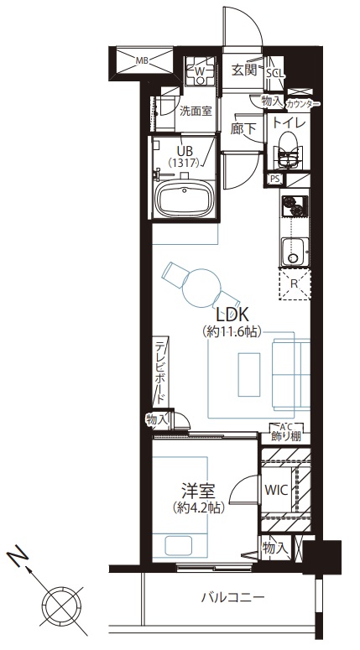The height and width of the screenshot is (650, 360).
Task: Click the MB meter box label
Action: click(x=143, y=61)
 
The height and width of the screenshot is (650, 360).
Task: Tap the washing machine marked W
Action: click(x=200, y=70)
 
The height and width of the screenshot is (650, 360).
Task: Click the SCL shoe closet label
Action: click(x=274, y=73)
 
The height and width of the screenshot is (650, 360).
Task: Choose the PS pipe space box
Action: click(x=274, y=179)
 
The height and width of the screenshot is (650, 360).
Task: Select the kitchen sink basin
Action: click(x=295, y=252)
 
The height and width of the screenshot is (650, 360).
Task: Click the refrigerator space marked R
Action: click(x=294, y=284)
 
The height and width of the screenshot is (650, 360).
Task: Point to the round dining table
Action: click(x=201, y=289)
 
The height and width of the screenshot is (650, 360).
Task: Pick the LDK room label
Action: click(x=231, y=315)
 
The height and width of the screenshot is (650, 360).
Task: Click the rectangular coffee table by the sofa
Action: click(x=249, y=374)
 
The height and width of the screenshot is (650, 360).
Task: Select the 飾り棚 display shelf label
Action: click(x=286, y=436)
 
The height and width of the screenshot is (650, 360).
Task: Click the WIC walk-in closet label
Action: click(x=277, y=491)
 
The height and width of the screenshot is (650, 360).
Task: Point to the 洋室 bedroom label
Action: click(x=198, y=491)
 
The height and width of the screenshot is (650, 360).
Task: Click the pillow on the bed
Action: click(x=179, y=545)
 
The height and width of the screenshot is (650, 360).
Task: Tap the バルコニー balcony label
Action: click(x=233, y=598)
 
